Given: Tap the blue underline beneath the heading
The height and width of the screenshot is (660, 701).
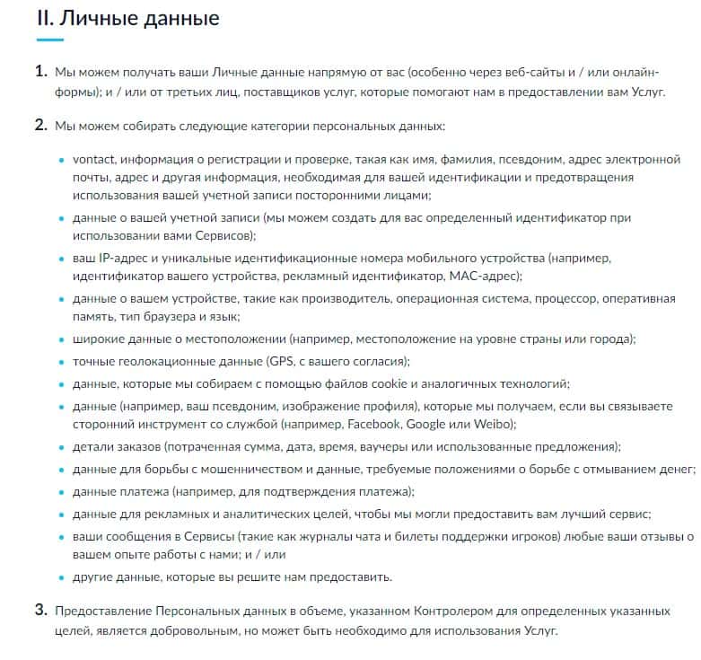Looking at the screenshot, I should coord(49,40).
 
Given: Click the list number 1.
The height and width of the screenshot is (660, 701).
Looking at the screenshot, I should coord(40,70).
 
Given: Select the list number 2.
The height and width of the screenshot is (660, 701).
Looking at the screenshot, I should coord(40,125).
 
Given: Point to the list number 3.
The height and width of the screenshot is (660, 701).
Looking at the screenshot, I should coord(40,611).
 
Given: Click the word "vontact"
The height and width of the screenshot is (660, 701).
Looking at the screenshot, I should coord(92,160).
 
